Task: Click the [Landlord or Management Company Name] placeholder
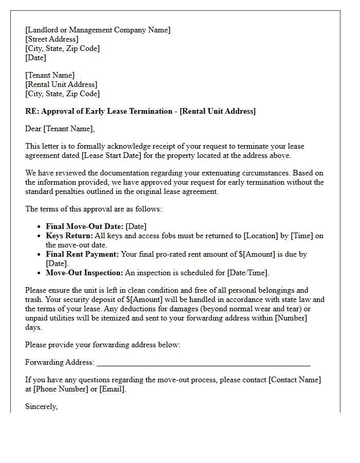[x=98, y=30]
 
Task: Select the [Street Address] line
[x=52, y=39]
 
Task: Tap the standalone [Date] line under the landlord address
[x=35, y=58]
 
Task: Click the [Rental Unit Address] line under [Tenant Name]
[x=61, y=84]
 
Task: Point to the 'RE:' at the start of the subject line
[x=32, y=111]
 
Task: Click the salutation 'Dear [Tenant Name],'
[x=60, y=129]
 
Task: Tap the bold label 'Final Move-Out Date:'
[x=84, y=226]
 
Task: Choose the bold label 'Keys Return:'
[x=69, y=236]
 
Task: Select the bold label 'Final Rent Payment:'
[x=82, y=254]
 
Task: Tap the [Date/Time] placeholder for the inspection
[x=247, y=273]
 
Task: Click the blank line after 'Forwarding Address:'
[x=203, y=363]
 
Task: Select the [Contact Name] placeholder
[x=295, y=380]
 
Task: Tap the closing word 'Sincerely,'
[x=42, y=406]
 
